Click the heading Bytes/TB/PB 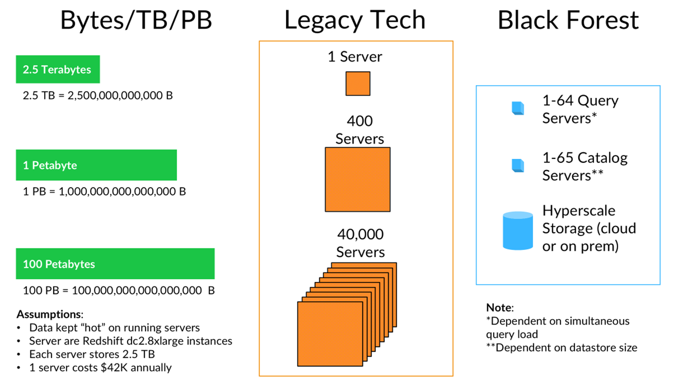click(x=136, y=20)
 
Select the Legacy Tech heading click(x=355, y=20)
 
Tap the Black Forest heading click(x=568, y=20)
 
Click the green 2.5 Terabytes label click(x=58, y=69)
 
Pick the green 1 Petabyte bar click(x=96, y=165)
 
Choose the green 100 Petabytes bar click(x=115, y=264)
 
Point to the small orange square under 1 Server click(x=358, y=84)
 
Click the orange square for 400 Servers click(x=358, y=179)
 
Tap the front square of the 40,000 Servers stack click(x=330, y=334)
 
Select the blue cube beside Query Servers click(x=518, y=108)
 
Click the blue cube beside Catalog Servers click(x=518, y=165)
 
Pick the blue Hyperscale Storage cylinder click(x=518, y=231)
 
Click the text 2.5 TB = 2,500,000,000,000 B click(x=98, y=96)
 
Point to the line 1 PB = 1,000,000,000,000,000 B click(x=104, y=192)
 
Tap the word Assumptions click(x=49, y=314)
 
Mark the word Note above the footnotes click(x=499, y=308)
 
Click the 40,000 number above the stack click(x=360, y=234)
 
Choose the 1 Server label click(x=355, y=57)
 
